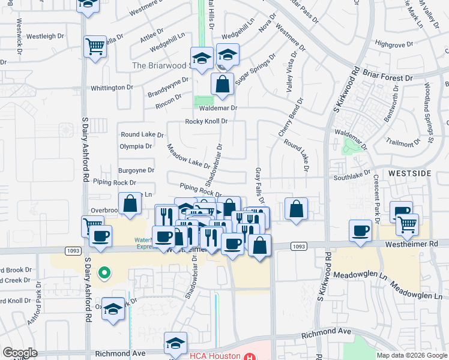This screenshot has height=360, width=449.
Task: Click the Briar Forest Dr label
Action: pos(388,77)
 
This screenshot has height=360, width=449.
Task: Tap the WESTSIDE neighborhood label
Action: pos(409,173)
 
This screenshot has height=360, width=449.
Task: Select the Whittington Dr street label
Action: pos(112,88)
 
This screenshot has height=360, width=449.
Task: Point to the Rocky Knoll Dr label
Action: pos(206,121)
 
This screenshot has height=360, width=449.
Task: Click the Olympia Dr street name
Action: pos(136,146)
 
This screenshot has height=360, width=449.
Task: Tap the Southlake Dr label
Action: pos(352,176)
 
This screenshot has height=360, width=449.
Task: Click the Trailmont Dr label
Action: pos(400,143)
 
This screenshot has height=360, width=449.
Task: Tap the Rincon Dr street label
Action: pos(169,104)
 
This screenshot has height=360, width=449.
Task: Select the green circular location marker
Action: pos(104,274)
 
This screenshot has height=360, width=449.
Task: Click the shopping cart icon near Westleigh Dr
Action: pos(95,46)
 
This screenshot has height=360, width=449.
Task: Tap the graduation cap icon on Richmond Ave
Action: pos(175,343)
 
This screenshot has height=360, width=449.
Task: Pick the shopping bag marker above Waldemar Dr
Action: pos(223,85)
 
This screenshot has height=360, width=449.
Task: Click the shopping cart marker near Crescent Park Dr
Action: pos(408,224)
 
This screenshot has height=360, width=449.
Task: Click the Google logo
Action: pos(20,353)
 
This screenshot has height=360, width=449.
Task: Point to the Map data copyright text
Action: pos(411,355)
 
